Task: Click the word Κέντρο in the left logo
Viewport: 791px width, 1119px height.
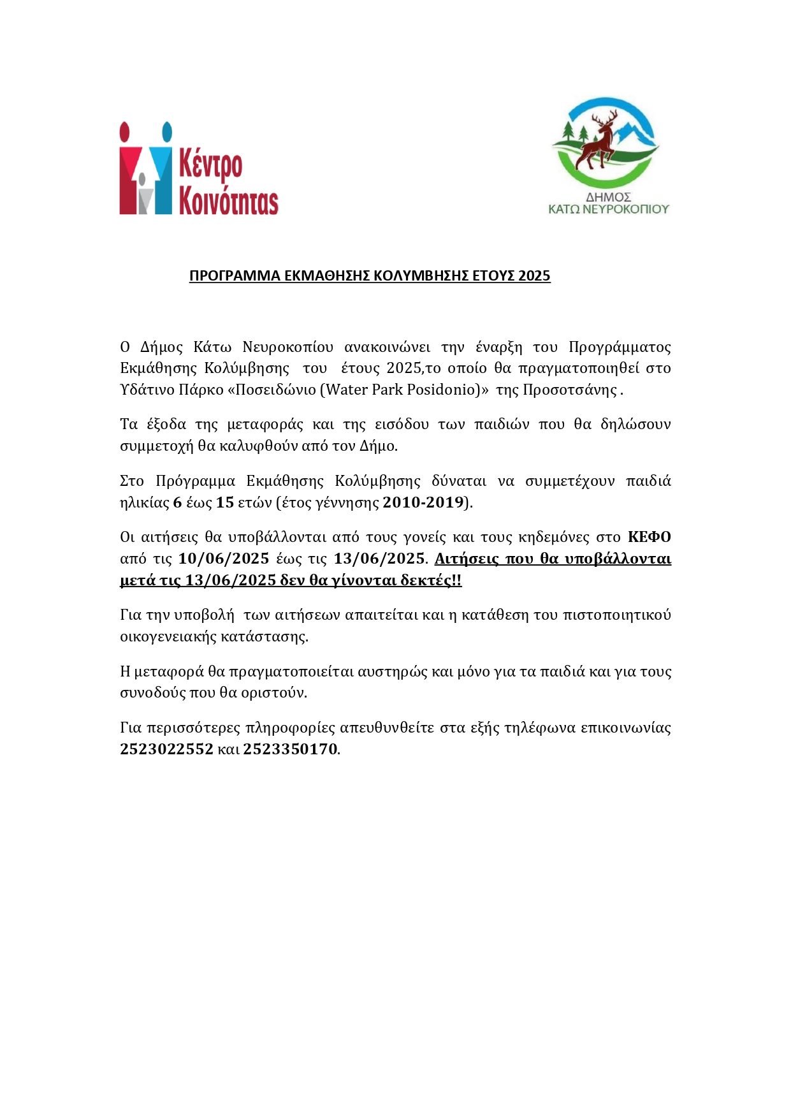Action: coord(210,164)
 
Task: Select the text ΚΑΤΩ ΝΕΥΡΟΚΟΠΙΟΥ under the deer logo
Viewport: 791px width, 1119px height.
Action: coord(609,208)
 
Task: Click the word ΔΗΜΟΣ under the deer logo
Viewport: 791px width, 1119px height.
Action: coord(608,197)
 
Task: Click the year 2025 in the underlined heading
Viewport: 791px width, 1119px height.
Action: coord(534,275)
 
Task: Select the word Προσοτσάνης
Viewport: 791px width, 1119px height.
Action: coord(569,390)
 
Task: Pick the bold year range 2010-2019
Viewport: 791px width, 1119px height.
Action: coord(423,502)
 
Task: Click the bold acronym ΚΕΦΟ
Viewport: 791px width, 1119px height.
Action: coord(649,537)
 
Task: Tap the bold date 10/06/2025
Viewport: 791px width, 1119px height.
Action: coord(224,559)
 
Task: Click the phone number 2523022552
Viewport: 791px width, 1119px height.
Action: coord(166,749)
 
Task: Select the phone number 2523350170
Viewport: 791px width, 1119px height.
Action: coord(290,749)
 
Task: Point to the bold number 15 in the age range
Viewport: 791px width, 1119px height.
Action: coord(225,502)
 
